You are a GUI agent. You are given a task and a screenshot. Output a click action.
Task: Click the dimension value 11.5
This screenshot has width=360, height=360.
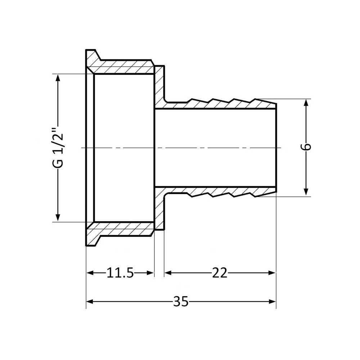(120, 273)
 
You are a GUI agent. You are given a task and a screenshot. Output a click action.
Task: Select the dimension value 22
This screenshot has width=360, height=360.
(220, 273)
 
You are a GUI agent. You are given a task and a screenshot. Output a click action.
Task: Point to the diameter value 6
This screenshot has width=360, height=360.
(306, 147)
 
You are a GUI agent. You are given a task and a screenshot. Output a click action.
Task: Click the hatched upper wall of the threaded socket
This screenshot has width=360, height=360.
(122, 67)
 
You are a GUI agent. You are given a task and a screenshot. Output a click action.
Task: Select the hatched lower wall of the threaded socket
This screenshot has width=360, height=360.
(122, 229)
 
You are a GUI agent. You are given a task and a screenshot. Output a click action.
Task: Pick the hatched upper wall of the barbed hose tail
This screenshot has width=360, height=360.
(216, 104)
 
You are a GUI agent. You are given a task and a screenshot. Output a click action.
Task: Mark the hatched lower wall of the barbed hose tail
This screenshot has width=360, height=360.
(216, 191)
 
